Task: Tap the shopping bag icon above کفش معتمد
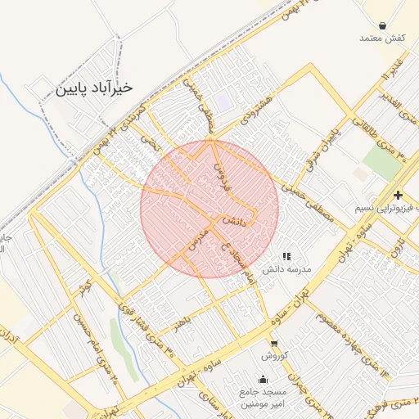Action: tap(383, 25)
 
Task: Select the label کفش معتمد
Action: tap(382, 38)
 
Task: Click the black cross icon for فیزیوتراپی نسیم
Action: tap(398, 195)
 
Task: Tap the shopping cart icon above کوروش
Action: tap(273, 344)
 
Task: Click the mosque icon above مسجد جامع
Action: tap(262, 379)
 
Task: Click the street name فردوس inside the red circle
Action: tap(223, 176)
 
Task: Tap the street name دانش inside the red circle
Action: tap(233, 221)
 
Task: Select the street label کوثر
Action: tap(81, 289)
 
